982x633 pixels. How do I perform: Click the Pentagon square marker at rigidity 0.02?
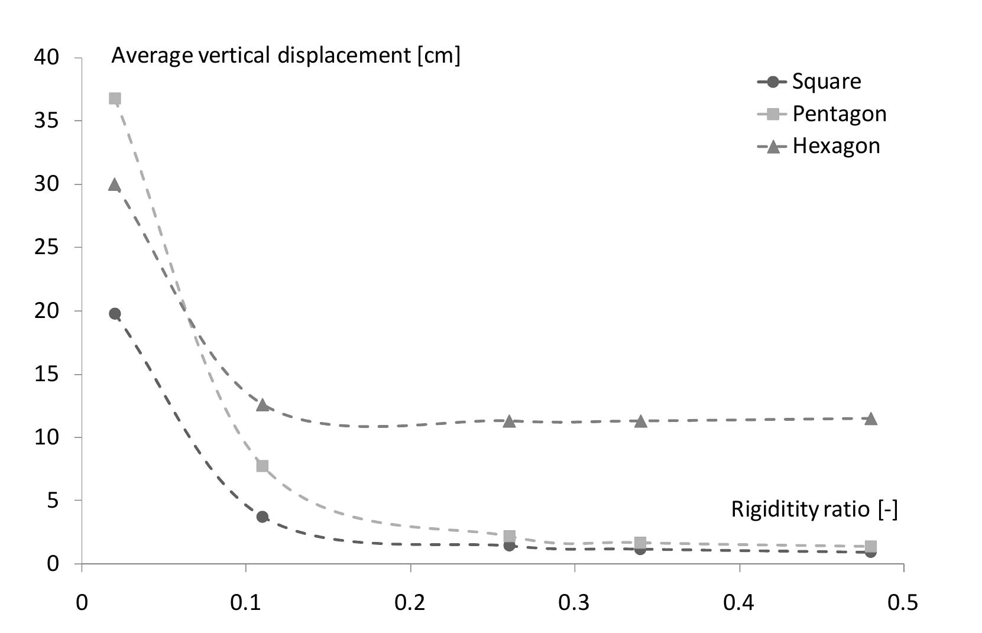tap(115, 98)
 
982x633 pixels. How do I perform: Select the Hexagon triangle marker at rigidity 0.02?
tap(115, 185)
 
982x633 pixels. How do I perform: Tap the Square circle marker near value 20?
tap(115, 314)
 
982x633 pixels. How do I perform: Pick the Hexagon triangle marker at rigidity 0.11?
tap(262, 405)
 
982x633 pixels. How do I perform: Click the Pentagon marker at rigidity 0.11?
tap(262, 466)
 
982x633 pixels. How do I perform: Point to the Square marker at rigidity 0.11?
tap(262, 517)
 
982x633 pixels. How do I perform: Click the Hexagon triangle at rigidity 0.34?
tap(640, 421)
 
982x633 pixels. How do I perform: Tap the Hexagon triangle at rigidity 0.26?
tap(509, 421)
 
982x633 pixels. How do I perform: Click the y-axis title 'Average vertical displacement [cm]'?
tap(286, 56)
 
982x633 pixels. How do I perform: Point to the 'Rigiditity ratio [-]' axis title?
tap(814, 509)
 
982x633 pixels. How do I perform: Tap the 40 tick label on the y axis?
tap(47, 58)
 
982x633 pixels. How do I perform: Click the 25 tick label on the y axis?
tap(47, 248)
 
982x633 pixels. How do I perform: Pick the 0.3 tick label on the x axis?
tap(575, 603)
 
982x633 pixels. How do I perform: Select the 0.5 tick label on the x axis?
tap(903, 603)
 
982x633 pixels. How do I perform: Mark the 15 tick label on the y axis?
tap(47, 375)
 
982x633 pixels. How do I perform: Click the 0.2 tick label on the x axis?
tap(410, 603)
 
